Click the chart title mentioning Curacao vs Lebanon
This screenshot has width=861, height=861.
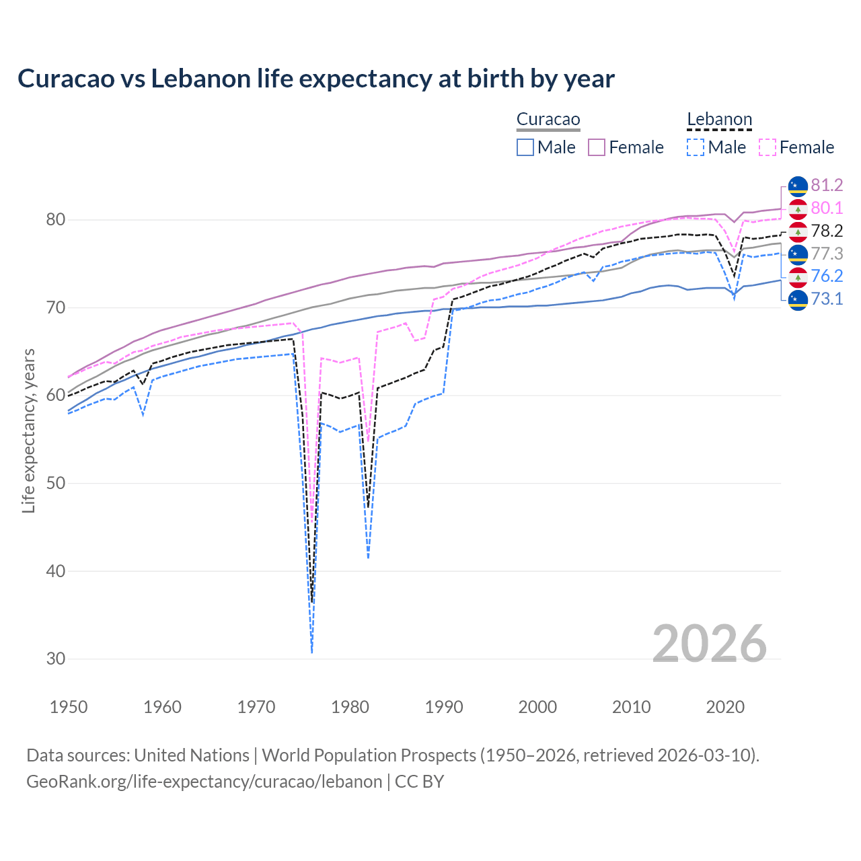coord(315,79)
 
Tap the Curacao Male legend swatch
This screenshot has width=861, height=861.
coord(525,147)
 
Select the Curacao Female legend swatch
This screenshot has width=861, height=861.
coord(597,147)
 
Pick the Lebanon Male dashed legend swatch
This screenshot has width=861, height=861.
coord(696,147)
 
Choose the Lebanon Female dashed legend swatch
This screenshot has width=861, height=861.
coord(767,147)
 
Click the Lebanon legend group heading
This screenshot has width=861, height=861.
coord(719,120)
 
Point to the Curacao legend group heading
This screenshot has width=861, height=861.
coord(548,120)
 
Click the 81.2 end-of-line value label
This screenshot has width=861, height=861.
coord(827,185)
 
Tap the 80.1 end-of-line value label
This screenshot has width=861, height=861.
coord(827,208)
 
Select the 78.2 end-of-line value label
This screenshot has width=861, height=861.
coord(827,231)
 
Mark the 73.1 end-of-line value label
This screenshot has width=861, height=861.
coord(827,299)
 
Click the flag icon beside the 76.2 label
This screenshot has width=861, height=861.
coord(798,276)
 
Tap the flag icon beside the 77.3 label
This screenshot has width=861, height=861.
coord(798,254)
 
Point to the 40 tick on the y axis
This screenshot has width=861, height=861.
coord(56,571)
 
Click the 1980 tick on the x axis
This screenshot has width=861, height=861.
coord(350,707)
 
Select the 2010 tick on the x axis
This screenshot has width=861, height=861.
coord(631,707)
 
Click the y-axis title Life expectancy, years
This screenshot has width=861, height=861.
coord(28,430)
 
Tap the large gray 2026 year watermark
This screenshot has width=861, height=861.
coord(709,644)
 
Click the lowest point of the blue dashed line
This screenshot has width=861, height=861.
coord(312,652)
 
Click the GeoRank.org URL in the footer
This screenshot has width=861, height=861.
coord(204,782)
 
